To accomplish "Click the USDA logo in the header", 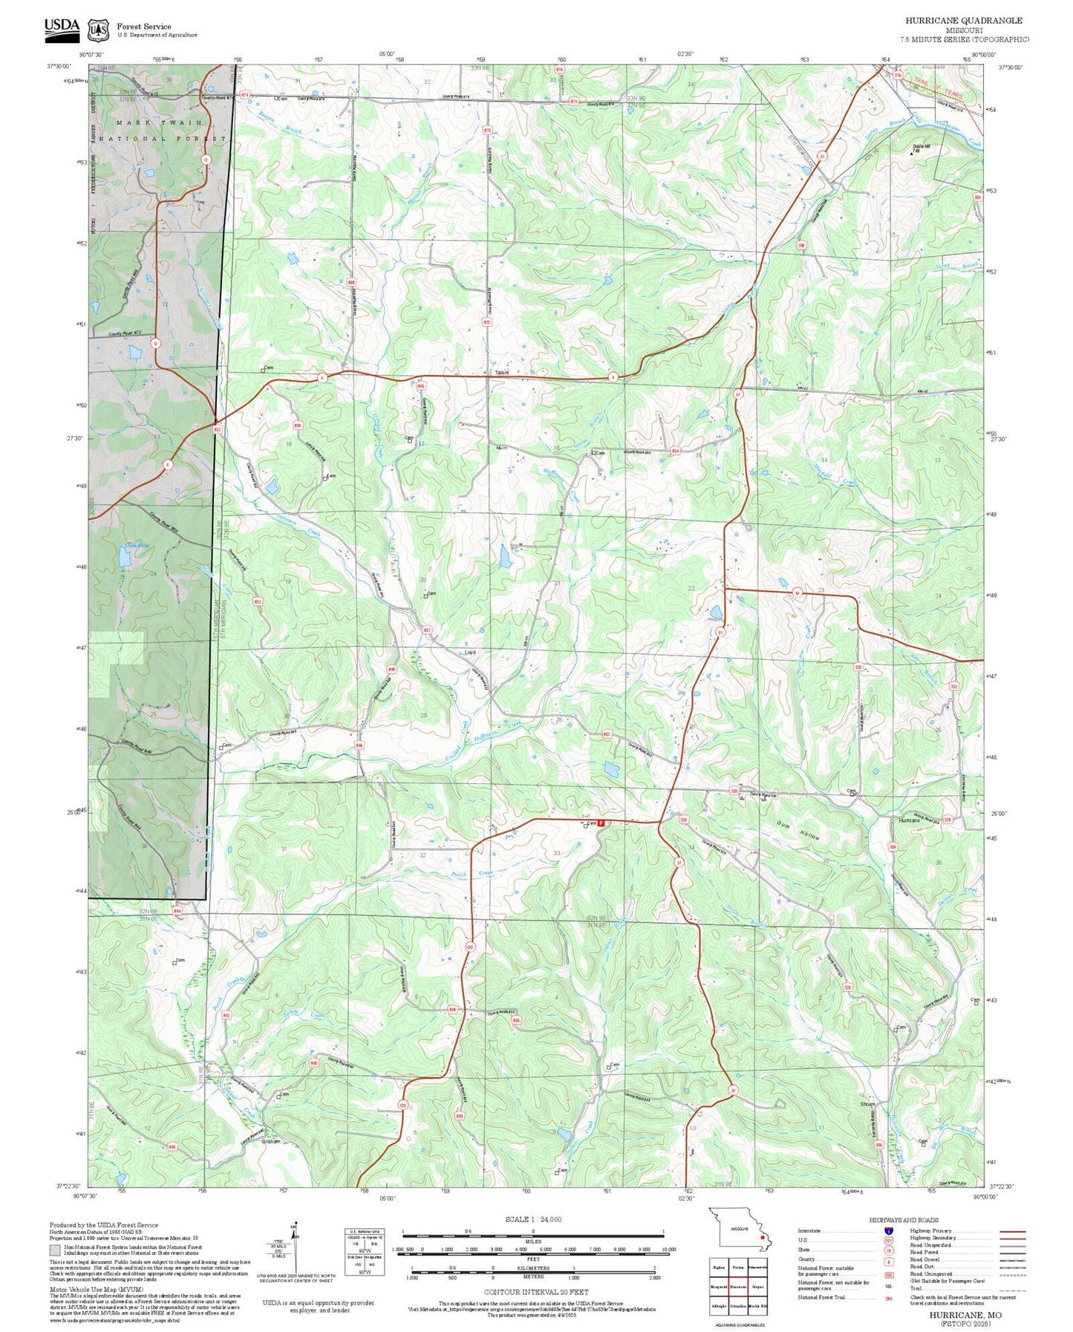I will click(62, 27).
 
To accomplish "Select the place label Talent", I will click(501, 373).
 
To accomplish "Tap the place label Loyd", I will click(469, 653).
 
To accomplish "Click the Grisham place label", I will click(271, 1141).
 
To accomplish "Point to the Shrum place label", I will click(867, 1104).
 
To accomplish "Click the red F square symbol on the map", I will click(601, 823).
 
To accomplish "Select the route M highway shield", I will click(797, 592).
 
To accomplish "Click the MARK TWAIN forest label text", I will click(159, 123).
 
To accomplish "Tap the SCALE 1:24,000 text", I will click(532, 1219).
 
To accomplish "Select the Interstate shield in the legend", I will click(889, 1230).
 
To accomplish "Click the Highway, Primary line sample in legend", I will click(1013, 1230).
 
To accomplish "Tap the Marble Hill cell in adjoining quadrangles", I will click(757, 1305).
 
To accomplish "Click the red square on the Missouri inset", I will click(762, 1237).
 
